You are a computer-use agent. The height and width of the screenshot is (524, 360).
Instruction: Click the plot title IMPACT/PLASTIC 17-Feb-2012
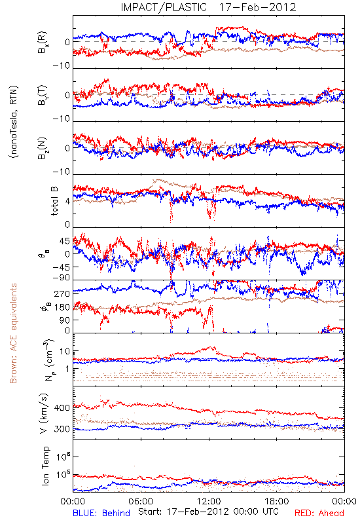tap(208, 7)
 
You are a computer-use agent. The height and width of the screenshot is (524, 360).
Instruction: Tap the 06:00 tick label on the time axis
tap(141, 502)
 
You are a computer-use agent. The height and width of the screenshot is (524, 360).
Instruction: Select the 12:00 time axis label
tap(209, 502)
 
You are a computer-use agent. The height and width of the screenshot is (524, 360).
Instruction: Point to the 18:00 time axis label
tap(277, 502)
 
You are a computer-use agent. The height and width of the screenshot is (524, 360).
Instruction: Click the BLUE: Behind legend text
tap(101, 514)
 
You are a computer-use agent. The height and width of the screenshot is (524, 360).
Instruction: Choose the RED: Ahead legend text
tap(319, 514)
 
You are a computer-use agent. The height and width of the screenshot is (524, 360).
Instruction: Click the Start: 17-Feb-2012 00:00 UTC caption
tap(208, 512)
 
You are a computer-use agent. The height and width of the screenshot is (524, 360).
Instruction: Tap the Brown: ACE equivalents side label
tap(13, 333)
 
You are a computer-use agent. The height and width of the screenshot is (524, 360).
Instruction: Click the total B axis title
tap(54, 201)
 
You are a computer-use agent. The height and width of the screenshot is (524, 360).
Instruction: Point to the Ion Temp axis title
tap(46, 466)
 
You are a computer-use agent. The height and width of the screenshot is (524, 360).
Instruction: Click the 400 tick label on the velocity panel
tap(62, 408)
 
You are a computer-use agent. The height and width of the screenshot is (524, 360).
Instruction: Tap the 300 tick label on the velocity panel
tap(62, 429)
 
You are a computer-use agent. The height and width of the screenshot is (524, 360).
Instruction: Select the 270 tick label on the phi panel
tap(62, 293)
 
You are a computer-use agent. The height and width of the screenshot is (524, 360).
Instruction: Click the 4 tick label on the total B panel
tap(67, 202)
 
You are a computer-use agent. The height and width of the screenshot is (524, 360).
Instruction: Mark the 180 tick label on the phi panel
tap(62, 307)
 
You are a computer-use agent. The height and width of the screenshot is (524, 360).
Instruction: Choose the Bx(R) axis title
tap(43, 43)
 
